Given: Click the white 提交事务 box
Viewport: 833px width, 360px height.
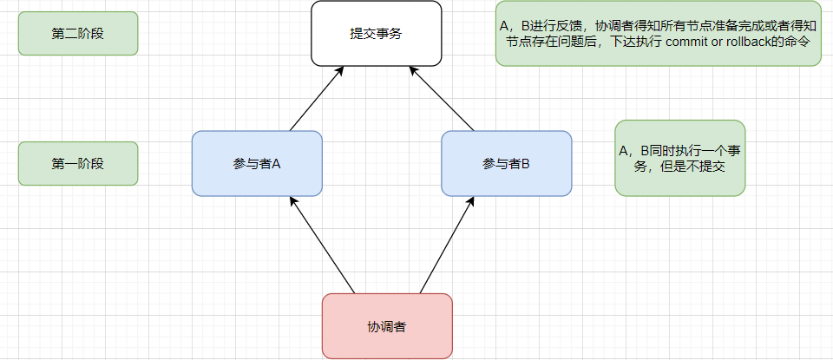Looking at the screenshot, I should [x=376, y=34].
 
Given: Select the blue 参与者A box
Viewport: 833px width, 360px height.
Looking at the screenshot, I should [x=257, y=163].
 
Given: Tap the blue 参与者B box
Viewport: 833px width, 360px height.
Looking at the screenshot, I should [x=506, y=163].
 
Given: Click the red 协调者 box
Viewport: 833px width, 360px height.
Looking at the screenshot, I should [x=387, y=326].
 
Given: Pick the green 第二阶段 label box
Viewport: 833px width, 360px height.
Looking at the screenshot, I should [x=78, y=34].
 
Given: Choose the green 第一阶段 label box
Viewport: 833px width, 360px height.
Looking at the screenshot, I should [x=78, y=163].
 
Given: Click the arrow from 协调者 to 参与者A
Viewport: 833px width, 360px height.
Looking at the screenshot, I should [x=323, y=245].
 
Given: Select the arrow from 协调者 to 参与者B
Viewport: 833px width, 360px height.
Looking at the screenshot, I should [x=447, y=245].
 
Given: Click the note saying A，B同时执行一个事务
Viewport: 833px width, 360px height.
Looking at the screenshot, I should [x=679, y=158].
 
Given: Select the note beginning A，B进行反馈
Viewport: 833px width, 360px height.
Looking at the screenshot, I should [x=658, y=34].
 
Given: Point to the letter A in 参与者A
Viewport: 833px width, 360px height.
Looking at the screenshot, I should [x=275, y=163].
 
